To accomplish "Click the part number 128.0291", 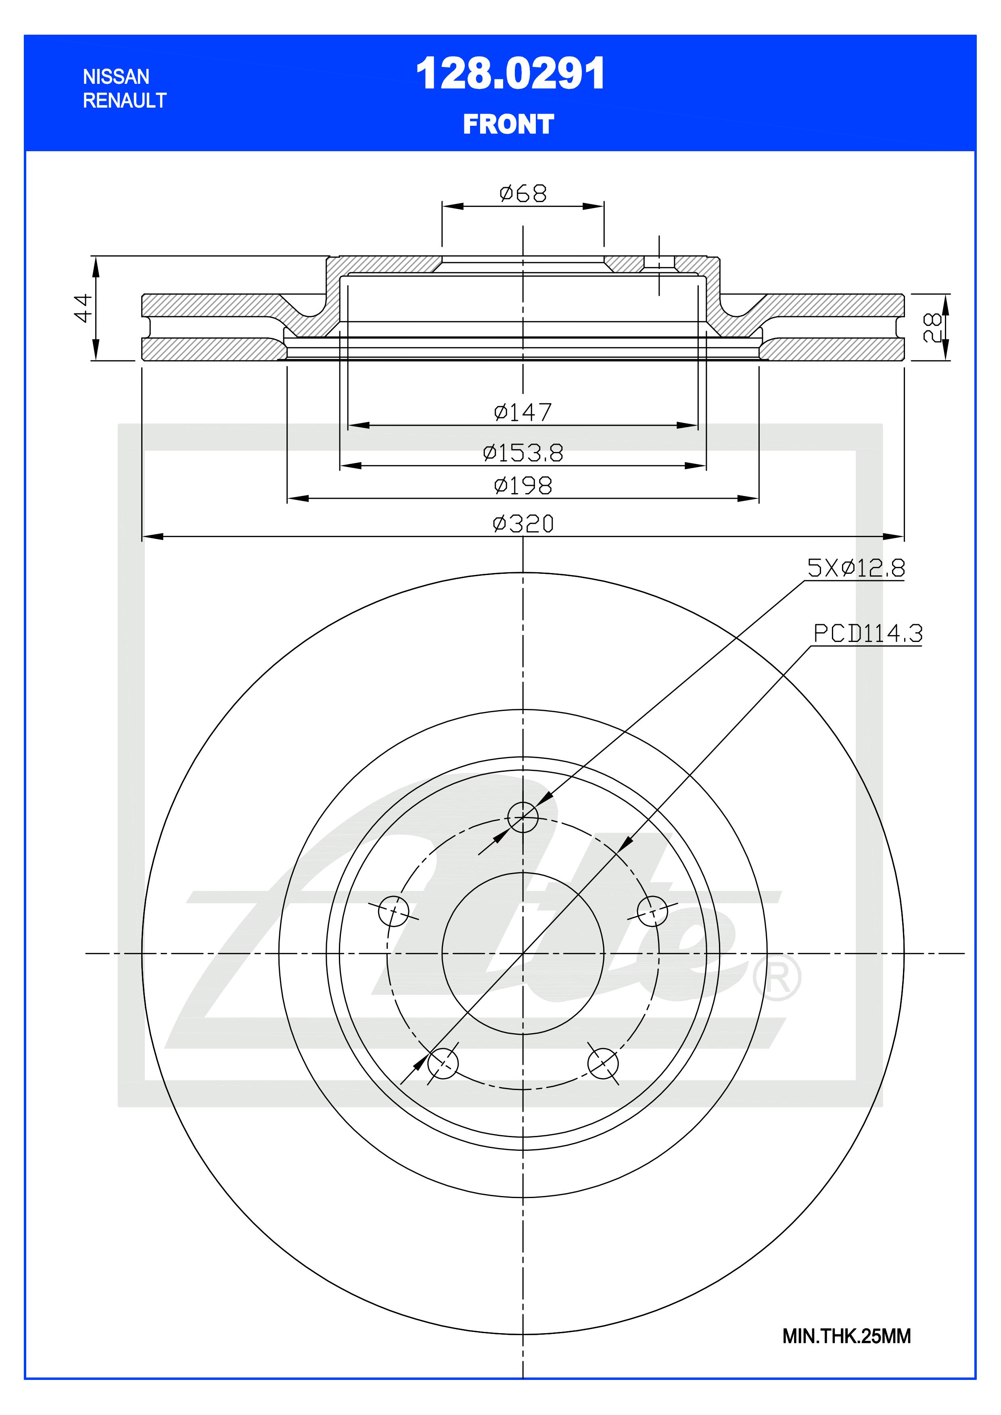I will [x=510, y=75].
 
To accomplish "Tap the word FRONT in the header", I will [x=508, y=125].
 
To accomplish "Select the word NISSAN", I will [x=116, y=77].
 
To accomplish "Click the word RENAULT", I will [x=125, y=100].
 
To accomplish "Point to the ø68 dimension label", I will [x=523, y=194].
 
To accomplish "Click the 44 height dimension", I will [x=83, y=308].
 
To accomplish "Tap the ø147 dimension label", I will [x=523, y=412].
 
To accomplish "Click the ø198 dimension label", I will [x=523, y=486].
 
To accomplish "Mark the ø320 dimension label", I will [x=523, y=524].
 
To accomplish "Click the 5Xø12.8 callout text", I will [x=856, y=568].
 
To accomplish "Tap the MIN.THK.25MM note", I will [x=846, y=1336].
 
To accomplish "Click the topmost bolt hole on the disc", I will [x=522, y=817].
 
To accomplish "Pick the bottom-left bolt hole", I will [x=443, y=1063].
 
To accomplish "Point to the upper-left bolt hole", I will [x=393, y=911].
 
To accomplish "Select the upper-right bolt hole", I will [x=652, y=911].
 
